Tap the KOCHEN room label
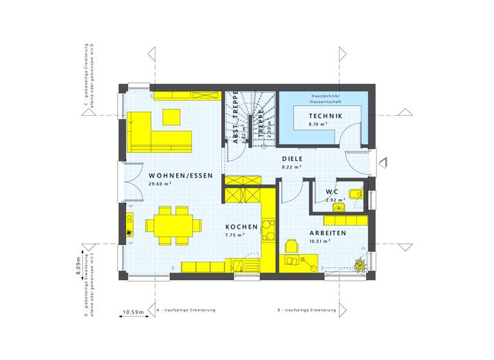(x=241, y=227)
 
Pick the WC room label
(x=332, y=192)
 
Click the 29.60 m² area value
(x=159, y=184)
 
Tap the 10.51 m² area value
(x=320, y=242)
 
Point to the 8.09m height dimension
(x=78, y=265)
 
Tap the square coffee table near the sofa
(x=171, y=116)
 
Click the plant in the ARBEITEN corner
(x=359, y=263)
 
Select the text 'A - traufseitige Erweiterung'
(x=186, y=310)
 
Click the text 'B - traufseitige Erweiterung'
(x=307, y=310)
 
